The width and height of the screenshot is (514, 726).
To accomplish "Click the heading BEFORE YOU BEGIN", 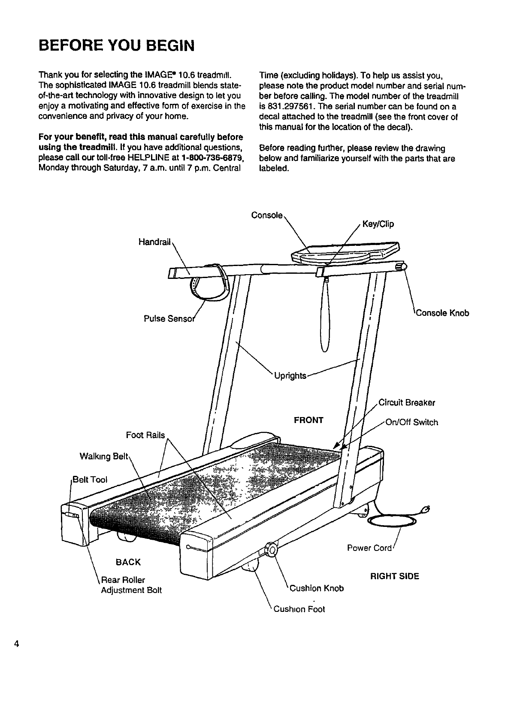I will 116,45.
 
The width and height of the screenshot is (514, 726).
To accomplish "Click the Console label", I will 267,215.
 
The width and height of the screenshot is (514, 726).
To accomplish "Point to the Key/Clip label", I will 378,224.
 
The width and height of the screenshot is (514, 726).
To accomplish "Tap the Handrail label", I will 154,242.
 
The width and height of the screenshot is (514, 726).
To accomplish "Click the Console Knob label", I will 442,313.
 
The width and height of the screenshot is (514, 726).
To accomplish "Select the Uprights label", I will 290,376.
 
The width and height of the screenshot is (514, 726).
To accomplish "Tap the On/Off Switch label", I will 412,423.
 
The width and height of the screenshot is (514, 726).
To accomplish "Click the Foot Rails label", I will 145,435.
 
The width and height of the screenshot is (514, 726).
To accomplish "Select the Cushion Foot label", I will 299,609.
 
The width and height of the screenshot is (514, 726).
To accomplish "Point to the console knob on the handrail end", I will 402,267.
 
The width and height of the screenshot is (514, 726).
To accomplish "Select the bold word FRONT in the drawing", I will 308,420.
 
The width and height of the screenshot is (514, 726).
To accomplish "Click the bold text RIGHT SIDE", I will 394,576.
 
